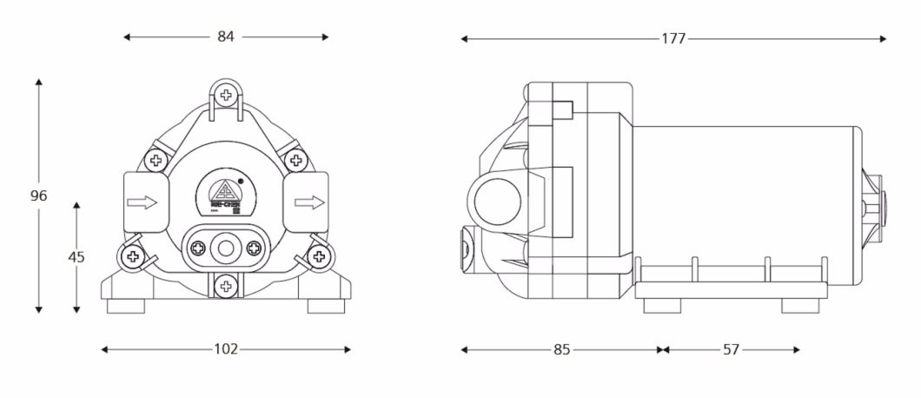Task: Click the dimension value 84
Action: click(226, 36)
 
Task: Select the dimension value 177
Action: click(673, 38)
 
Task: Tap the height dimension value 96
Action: click(38, 196)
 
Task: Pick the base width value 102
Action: click(226, 349)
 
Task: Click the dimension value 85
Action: click(561, 349)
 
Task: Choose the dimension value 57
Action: click(731, 349)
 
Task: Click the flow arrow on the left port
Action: click(142, 202)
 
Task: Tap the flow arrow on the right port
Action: click(309, 202)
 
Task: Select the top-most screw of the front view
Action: click(226, 94)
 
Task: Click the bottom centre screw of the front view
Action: click(226, 284)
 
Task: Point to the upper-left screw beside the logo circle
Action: click(156, 160)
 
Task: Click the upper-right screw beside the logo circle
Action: click(295, 160)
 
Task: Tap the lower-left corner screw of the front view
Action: click(132, 255)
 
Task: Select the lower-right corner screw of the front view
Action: click(319, 255)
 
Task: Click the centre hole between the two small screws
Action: click(226, 249)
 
